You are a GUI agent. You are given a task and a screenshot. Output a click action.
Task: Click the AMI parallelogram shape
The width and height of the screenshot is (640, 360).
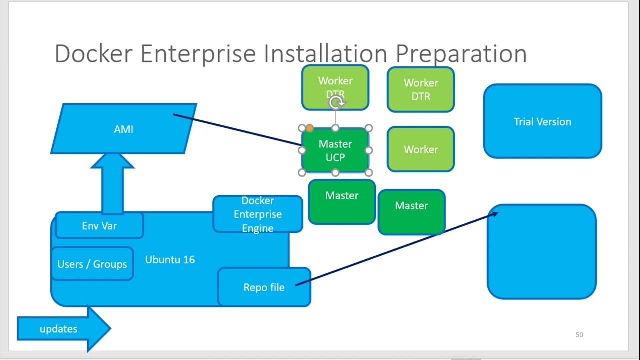(x=124, y=129)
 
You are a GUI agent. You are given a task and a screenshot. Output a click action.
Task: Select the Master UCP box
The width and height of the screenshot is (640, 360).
(x=335, y=150)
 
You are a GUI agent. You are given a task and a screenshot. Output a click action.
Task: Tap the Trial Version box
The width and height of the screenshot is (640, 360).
(x=542, y=121)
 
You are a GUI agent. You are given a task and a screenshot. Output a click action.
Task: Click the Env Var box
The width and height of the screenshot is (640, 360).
(x=99, y=226)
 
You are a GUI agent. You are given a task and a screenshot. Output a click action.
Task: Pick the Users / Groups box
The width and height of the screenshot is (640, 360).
(x=92, y=264)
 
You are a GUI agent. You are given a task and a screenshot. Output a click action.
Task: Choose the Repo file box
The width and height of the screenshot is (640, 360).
(x=264, y=287)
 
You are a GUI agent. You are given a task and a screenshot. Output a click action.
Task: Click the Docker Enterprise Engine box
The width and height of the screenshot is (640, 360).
(x=257, y=214)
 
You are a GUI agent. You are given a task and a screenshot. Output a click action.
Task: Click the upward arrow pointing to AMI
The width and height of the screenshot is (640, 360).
(x=112, y=182)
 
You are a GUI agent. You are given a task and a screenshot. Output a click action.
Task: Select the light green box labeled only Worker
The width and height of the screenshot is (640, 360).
(x=421, y=149)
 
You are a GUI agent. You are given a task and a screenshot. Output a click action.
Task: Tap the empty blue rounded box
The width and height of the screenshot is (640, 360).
(x=542, y=252)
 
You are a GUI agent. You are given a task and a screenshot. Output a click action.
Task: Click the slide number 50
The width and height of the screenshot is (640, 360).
(x=579, y=335)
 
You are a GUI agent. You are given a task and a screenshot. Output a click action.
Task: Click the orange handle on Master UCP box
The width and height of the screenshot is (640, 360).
(x=309, y=128)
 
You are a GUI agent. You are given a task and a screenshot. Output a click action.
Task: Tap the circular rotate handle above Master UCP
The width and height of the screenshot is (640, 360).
(x=337, y=103)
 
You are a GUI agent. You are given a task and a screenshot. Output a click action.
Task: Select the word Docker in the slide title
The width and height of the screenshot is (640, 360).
(x=94, y=54)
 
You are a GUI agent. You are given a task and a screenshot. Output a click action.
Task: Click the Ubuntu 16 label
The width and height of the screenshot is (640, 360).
(x=170, y=260)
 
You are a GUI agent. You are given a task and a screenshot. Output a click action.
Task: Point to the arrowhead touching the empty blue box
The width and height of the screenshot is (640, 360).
(x=494, y=214)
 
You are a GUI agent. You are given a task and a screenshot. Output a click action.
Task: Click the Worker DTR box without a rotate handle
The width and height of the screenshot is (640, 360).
(x=421, y=89)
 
